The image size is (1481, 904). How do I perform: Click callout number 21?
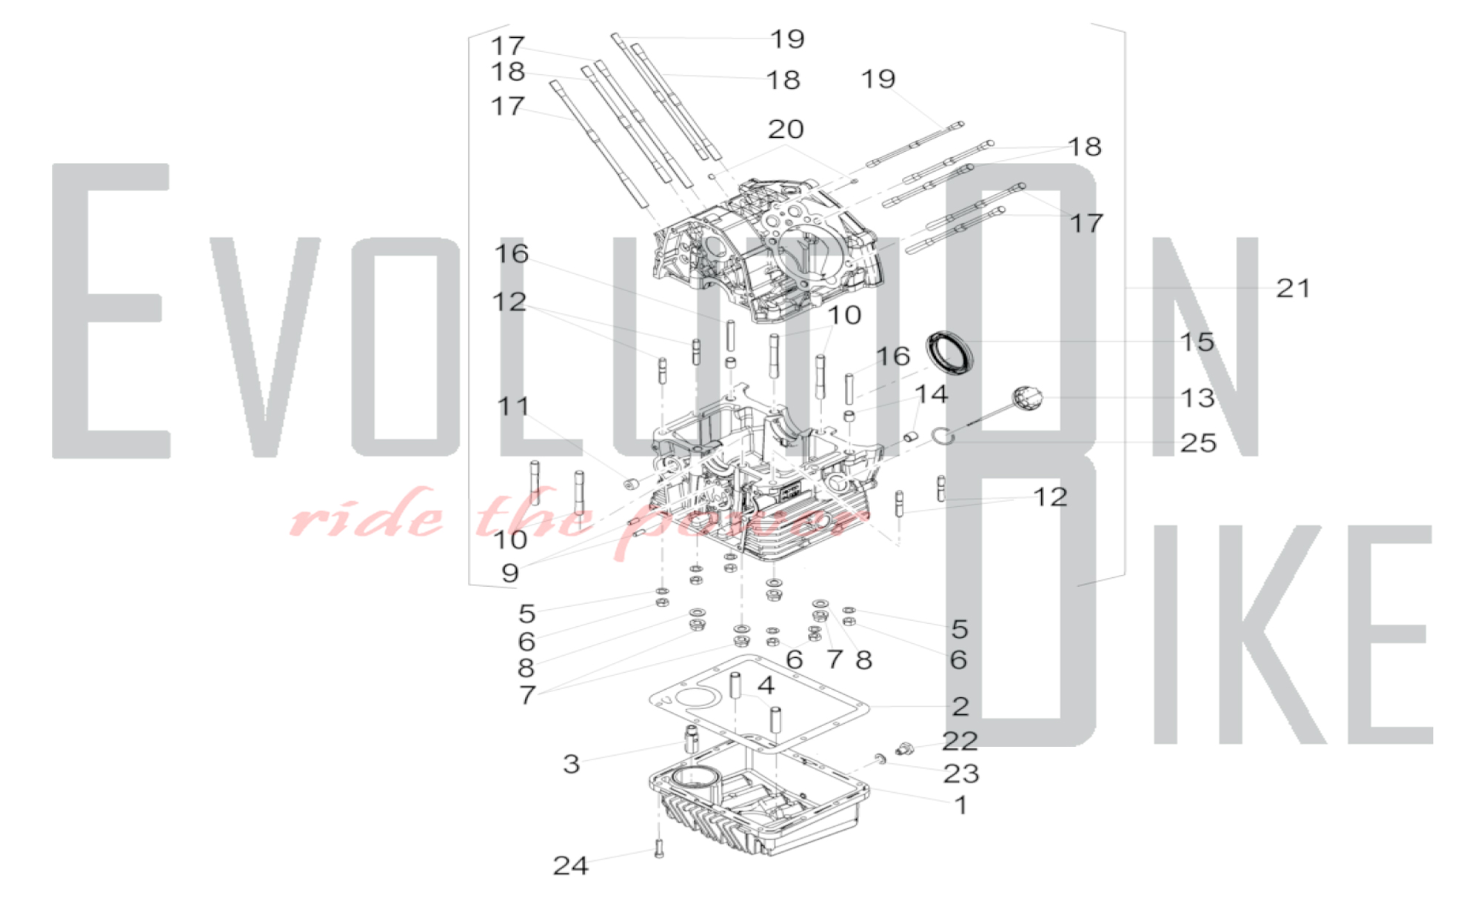coord(1293,288)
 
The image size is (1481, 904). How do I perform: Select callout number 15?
coord(1197,342)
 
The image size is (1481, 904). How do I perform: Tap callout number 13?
coord(1197,398)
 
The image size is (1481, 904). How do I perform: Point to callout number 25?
coord(1198,443)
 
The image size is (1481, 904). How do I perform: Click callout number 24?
coord(570,865)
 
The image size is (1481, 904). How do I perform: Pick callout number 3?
coord(571,764)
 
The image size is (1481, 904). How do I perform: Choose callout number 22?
coord(960,741)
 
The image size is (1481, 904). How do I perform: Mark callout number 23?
coord(961,774)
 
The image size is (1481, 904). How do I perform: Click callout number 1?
coord(961,805)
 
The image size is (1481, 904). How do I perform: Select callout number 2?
coord(960,706)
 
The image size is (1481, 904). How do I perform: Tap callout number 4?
coord(766,685)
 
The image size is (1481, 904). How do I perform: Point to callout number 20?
coord(786,129)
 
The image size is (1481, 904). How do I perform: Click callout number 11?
coord(513,406)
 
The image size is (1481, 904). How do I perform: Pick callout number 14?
coord(931,394)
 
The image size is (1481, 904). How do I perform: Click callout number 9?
coord(510,573)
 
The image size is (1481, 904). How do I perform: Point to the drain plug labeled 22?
coord(903,748)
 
